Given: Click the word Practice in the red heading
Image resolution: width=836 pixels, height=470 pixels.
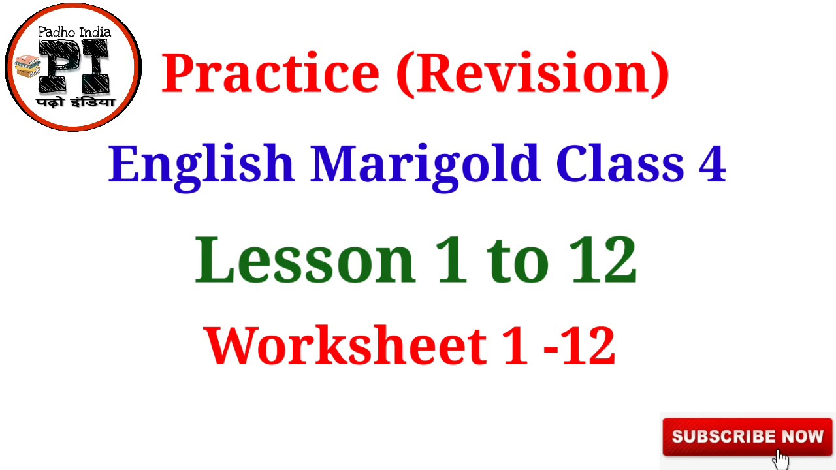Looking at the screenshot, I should click(270, 72).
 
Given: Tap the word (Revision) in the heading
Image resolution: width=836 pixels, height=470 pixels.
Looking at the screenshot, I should click(533, 72).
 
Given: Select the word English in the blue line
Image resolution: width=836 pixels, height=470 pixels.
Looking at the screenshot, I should click(202, 163).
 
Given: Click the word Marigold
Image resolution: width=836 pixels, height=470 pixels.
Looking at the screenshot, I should click(425, 163).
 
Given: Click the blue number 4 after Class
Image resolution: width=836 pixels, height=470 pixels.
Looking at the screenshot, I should click(712, 163).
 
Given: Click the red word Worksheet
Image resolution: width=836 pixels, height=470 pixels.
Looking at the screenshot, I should click(346, 345).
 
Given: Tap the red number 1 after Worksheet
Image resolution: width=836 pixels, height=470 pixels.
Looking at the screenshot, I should click(516, 345).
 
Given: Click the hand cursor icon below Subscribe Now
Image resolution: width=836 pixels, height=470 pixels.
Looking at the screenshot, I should click(780, 459).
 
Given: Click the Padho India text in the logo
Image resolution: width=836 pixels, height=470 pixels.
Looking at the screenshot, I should click(74, 32).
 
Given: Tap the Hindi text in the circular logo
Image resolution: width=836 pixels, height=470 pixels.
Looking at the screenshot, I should click(76, 102).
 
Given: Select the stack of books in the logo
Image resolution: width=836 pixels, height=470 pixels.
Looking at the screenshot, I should click(28, 65).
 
